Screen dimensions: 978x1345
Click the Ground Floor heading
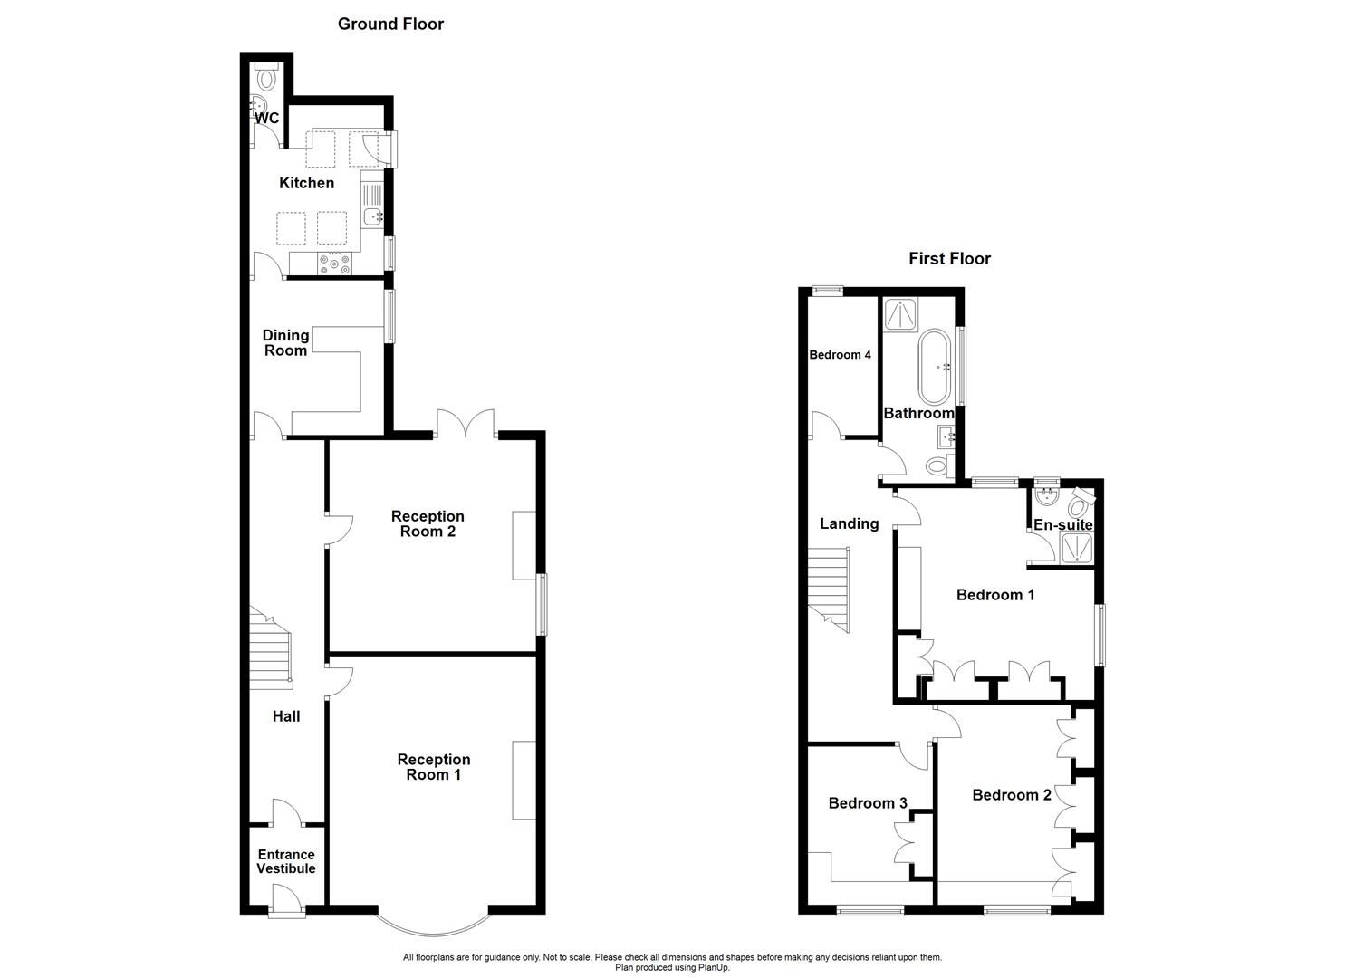[x=390, y=24]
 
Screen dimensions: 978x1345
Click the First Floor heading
[x=949, y=259]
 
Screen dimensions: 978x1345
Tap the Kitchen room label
[x=306, y=183]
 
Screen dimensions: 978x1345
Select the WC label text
[x=267, y=119]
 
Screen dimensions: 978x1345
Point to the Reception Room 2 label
[x=428, y=523]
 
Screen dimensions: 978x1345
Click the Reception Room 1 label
[x=433, y=767]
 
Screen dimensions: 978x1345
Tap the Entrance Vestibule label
[x=286, y=861]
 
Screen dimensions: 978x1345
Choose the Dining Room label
[x=285, y=342]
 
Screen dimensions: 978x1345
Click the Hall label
[x=286, y=716]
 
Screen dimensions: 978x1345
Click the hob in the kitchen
[x=334, y=264]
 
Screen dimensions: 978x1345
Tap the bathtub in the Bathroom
[x=935, y=367]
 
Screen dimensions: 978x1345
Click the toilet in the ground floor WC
[x=265, y=79]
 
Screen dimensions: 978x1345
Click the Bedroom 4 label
[x=840, y=355]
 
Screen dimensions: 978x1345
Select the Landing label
[x=849, y=523]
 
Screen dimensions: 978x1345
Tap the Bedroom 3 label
[x=868, y=803]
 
